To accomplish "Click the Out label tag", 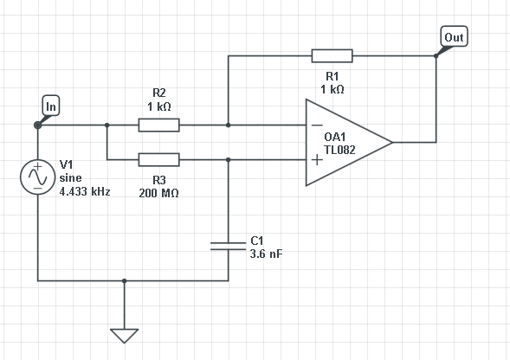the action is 454,36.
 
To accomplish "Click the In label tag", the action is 51,106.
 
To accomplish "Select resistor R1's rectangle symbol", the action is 332,56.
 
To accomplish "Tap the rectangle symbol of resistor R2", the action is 158,125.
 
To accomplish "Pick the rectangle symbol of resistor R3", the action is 158,160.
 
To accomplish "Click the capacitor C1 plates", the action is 229,246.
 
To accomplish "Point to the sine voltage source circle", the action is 38,177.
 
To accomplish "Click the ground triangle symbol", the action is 124,336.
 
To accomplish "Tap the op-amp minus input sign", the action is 317,125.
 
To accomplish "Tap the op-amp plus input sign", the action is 317,160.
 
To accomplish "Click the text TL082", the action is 339,150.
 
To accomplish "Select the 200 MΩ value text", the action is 158,193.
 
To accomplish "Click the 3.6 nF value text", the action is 267,254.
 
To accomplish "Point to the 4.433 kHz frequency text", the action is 85,191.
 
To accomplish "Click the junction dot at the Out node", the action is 436,56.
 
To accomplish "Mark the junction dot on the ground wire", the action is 124,280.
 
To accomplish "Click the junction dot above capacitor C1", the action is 229,160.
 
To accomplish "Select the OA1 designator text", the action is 335,137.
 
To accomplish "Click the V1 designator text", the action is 67,164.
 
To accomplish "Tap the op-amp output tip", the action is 392,142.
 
